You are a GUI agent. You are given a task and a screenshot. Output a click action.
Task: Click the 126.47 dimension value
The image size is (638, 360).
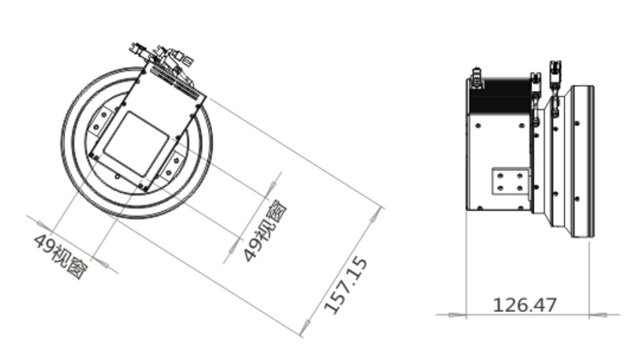coord(525,305)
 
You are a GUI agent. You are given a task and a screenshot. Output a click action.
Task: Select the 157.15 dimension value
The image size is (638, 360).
coord(346,285)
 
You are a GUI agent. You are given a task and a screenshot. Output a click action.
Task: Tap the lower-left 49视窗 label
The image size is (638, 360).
coord(61,256)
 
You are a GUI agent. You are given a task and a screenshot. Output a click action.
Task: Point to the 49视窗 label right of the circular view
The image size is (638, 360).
coord(265,230)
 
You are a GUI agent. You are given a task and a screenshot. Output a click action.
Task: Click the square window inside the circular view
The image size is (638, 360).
coord(136,144)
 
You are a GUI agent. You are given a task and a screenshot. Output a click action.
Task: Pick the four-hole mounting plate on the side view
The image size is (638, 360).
coord(511,182)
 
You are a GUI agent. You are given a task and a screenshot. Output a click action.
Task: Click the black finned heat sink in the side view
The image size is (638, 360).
coord(500,96)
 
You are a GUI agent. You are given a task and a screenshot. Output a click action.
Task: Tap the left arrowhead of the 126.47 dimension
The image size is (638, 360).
coord(457,315)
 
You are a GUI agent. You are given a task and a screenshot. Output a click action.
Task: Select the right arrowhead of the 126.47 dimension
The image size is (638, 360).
coord(598,315)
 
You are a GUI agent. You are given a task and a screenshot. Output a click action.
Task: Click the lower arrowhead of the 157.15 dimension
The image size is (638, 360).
coord(306,328)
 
